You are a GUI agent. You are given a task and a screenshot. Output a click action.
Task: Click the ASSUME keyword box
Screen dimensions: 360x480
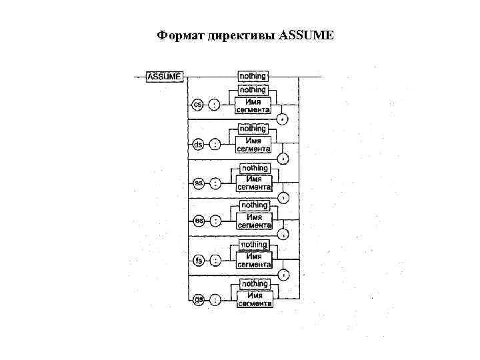pyautogui.click(x=163, y=77)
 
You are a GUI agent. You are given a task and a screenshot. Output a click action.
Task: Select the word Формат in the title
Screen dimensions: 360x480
pyautogui.click(x=177, y=35)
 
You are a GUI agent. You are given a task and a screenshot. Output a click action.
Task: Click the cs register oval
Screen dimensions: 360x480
pyautogui.click(x=197, y=105)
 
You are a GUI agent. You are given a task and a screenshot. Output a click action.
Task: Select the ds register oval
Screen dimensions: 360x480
pyautogui.click(x=197, y=143)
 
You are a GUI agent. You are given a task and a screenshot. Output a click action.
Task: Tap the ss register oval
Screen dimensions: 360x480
pyautogui.click(x=197, y=182)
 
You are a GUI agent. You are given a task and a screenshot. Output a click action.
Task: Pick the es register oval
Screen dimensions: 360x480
pyautogui.click(x=197, y=221)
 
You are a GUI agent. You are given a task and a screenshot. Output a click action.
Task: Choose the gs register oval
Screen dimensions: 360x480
pyautogui.click(x=198, y=300)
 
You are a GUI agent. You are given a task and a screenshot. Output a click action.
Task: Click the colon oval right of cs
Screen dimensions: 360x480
pyautogui.click(x=214, y=105)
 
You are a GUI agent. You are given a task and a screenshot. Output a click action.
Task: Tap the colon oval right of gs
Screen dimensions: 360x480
pyautogui.click(x=215, y=300)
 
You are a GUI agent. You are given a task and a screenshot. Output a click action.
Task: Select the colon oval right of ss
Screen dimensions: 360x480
pyautogui.click(x=214, y=182)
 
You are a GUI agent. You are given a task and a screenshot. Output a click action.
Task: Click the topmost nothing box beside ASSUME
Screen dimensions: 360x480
pyautogui.click(x=253, y=77)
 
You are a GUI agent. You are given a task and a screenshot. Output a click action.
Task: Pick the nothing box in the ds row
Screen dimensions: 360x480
pyautogui.click(x=253, y=128)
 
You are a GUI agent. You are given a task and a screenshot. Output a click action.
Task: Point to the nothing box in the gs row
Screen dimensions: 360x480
pyautogui.click(x=253, y=284)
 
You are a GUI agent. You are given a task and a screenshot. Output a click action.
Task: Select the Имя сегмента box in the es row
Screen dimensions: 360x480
pyautogui.click(x=253, y=221)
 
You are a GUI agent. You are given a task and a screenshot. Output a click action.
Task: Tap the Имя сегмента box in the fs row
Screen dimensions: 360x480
pyautogui.click(x=253, y=261)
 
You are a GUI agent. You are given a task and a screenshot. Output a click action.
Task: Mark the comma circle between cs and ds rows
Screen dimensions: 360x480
pyautogui.click(x=283, y=119)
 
